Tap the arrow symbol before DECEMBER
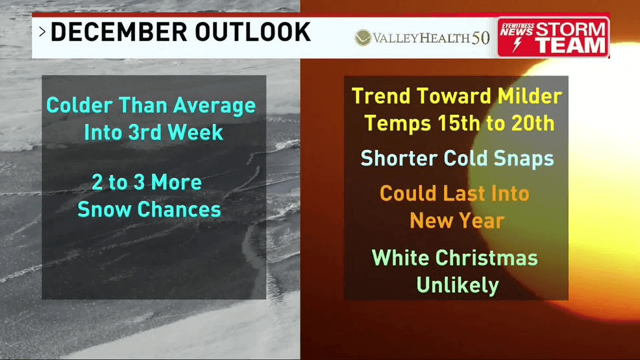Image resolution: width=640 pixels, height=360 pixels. [x=42, y=32]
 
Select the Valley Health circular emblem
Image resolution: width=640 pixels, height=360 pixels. [x=363, y=38]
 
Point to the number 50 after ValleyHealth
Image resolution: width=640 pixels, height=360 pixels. [x=480, y=38]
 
